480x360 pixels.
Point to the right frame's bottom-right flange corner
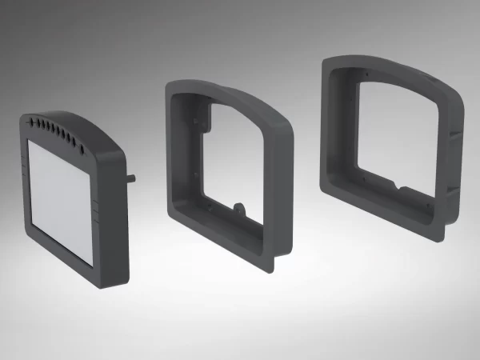tap(441, 238)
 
